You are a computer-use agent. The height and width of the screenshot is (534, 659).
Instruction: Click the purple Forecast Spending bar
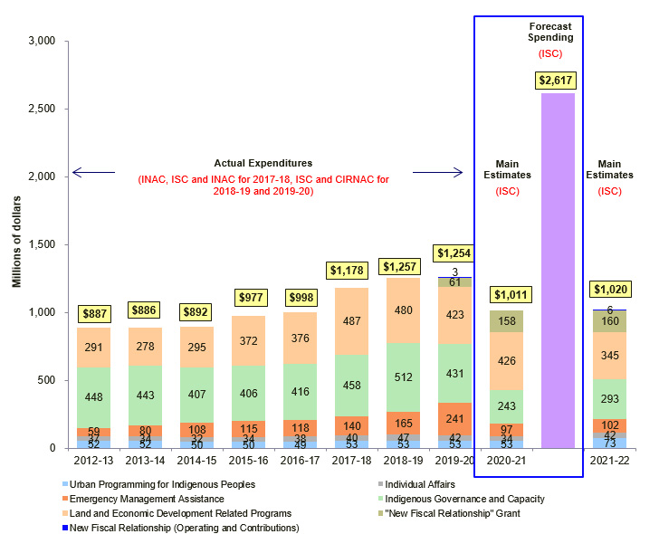(558, 272)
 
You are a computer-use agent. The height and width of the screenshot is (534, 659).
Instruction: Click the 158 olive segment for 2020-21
(506, 320)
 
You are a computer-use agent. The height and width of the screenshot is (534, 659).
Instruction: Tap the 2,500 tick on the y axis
(43, 109)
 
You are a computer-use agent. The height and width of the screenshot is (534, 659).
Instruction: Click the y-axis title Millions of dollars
(16, 244)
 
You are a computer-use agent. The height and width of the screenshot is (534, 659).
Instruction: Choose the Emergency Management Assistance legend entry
(148, 499)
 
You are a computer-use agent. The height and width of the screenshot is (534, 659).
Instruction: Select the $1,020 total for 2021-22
(609, 290)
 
